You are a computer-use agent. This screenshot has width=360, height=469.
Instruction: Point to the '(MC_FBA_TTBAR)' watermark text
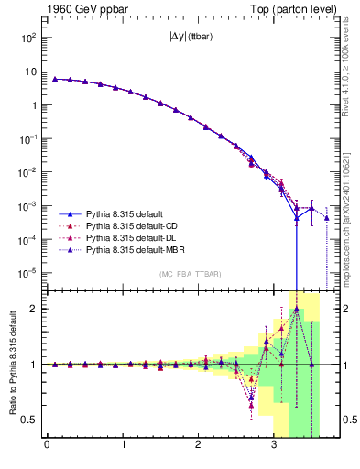(x=191, y=274)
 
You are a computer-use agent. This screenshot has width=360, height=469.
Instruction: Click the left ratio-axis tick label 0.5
(x=30, y=420)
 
